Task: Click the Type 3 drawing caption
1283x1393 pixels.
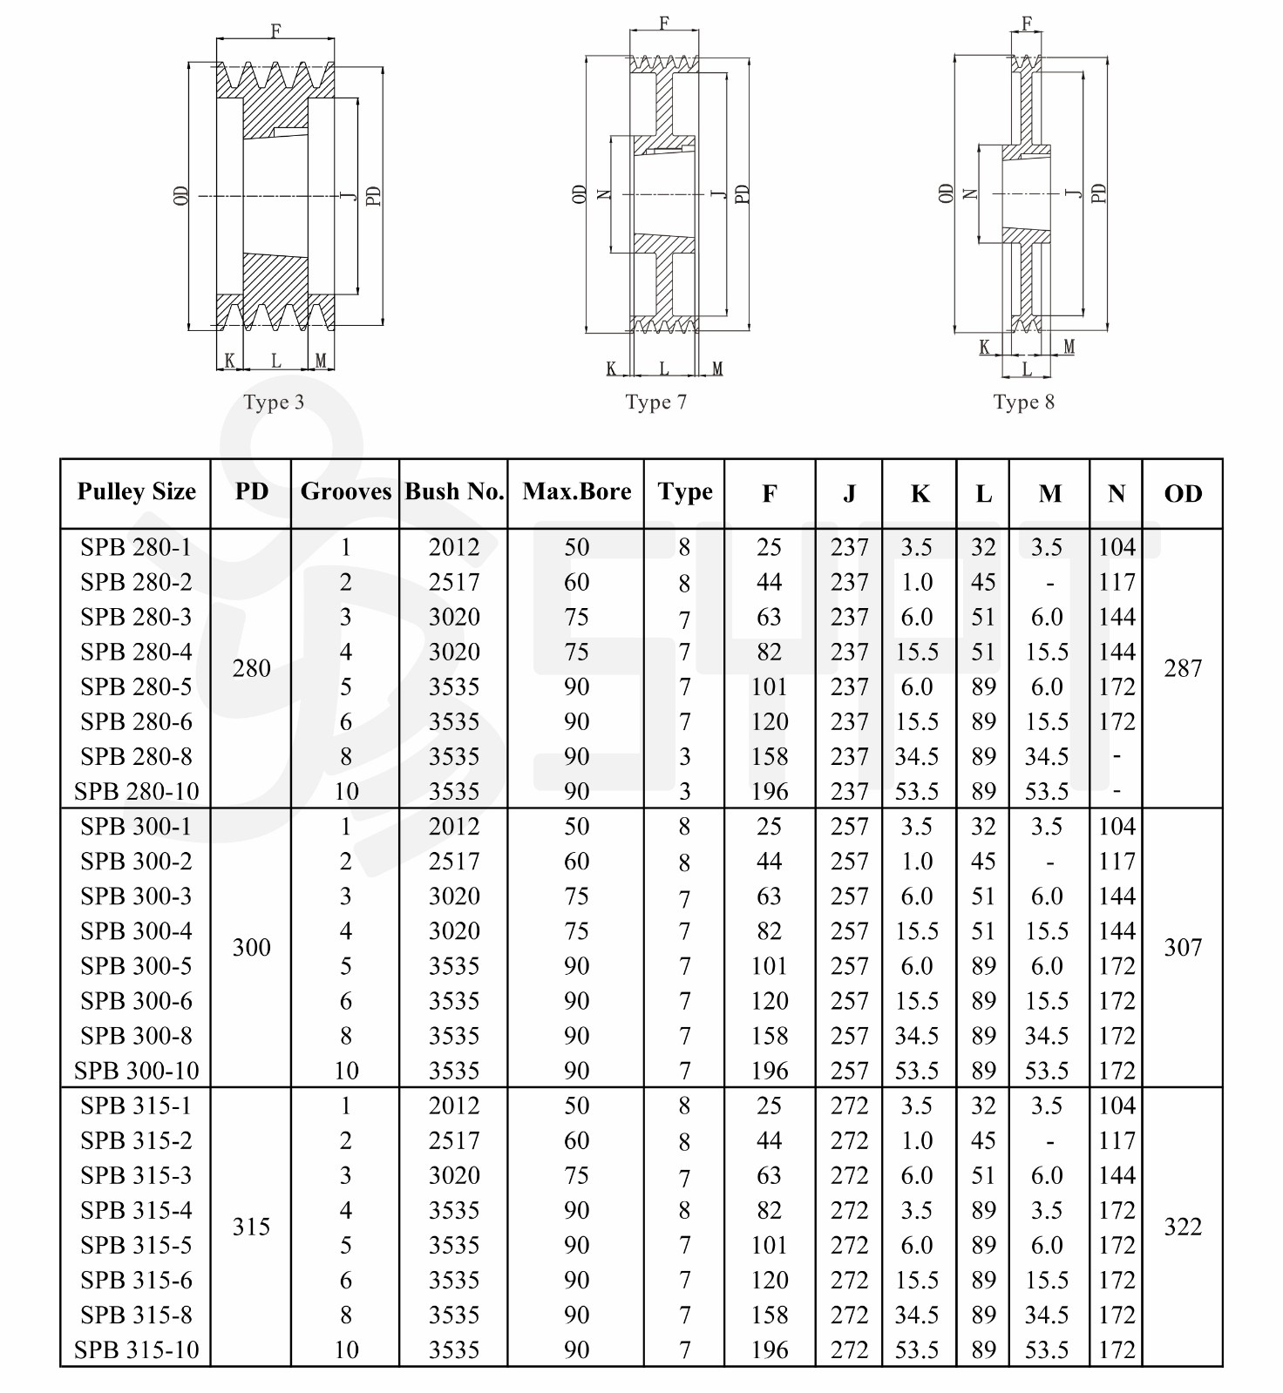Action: pyautogui.click(x=274, y=402)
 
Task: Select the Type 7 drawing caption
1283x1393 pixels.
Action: pyautogui.click(x=655, y=402)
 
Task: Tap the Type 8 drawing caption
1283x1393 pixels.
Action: pyautogui.click(x=1023, y=402)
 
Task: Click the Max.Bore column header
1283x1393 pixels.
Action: pyautogui.click(x=576, y=492)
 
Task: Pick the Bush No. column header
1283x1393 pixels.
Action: pyautogui.click(x=454, y=492)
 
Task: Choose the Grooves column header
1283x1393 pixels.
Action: pyautogui.click(x=345, y=492)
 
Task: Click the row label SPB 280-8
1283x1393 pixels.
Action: pyautogui.click(x=136, y=756)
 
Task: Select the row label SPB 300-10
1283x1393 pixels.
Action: pyautogui.click(x=136, y=1071)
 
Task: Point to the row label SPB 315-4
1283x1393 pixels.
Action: pyautogui.click(x=136, y=1210)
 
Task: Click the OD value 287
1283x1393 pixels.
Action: pyautogui.click(x=1182, y=669)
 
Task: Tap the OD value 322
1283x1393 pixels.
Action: pyautogui.click(x=1182, y=1227)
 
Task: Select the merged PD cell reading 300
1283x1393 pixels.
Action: pyautogui.click(x=251, y=948)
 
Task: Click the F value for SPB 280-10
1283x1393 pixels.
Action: pyautogui.click(x=770, y=792)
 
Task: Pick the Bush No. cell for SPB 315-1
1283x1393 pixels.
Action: pyautogui.click(x=454, y=1106)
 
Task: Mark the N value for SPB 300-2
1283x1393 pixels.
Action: pyautogui.click(x=1117, y=862)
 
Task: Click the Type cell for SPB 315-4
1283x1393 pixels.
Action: pyautogui.click(x=684, y=1211)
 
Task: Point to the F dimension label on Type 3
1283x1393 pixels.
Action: pyautogui.click(x=275, y=31)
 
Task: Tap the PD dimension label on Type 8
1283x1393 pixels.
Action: pyautogui.click(x=1099, y=193)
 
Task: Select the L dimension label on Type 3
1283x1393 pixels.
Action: pyautogui.click(x=275, y=361)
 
